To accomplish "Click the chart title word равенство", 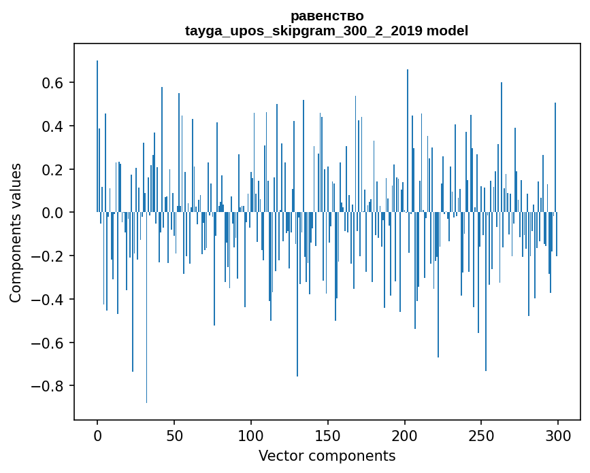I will (327, 16).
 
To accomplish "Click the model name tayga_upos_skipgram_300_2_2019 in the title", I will (304, 31).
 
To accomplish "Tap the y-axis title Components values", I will (15, 232).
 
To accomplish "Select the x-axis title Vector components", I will (327, 455).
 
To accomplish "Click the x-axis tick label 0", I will (97, 435).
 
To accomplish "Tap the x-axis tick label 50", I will (174, 435).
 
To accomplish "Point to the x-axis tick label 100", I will (251, 435).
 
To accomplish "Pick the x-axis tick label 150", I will (328, 435).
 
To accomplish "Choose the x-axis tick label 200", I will (405, 435).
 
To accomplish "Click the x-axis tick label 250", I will (481, 435).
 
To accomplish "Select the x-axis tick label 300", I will (558, 435).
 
